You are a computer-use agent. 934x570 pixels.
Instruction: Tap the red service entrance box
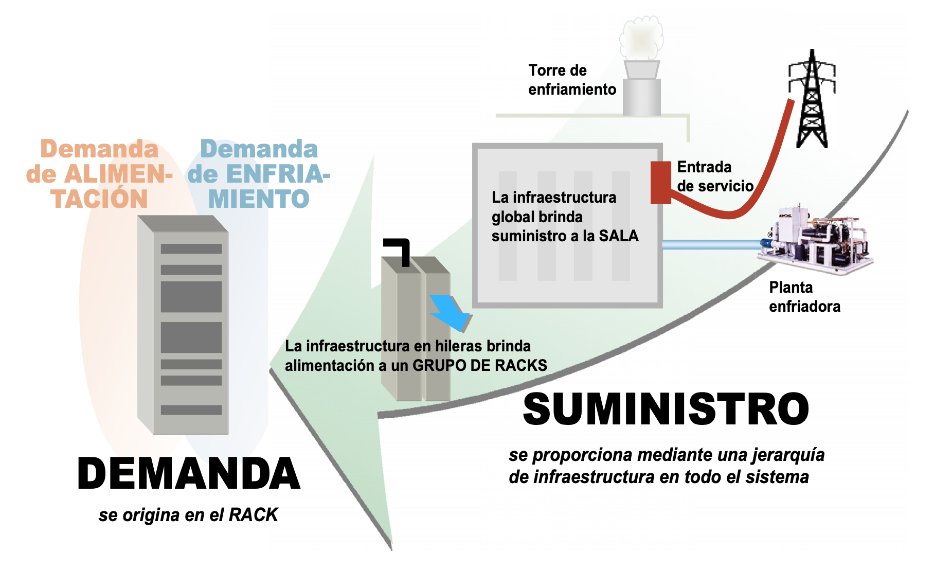tap(661, 182)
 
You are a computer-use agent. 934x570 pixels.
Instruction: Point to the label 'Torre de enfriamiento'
tap(571, 80)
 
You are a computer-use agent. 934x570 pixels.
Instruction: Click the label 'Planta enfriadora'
tap(804, 297)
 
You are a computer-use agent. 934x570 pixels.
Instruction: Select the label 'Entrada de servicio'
tap(714, 176)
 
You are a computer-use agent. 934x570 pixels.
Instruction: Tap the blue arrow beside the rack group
tap(450, 311)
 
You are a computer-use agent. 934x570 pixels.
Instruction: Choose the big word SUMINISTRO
tap(666, 409)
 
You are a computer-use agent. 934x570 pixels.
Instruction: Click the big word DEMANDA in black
tap(188, 474)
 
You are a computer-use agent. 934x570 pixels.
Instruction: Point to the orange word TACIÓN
tap(99, 199)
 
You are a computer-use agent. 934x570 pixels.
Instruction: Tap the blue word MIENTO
tap(258, 199)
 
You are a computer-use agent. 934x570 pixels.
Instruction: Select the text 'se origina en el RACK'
tap(188, 515)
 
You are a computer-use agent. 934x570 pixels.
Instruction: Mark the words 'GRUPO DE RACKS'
tap(479, 365)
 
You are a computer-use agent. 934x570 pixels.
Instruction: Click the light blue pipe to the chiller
tap(710, 245)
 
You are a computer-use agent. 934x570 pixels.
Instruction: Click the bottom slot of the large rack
tap(191, 410)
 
